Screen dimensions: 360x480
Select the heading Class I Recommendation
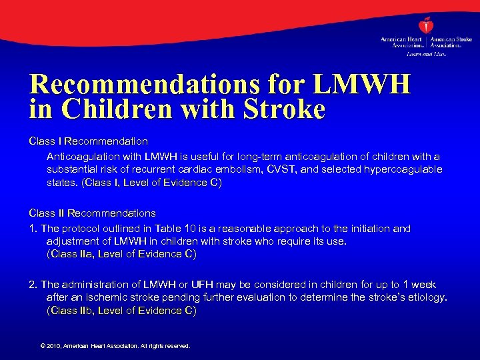[x=88, y=141]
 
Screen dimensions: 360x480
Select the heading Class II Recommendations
[x=92, y=213]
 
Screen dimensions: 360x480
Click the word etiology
[x=424, y=297]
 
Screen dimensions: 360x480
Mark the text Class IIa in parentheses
[x=73, y=253]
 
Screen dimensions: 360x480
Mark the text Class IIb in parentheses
[x=73, y=310]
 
